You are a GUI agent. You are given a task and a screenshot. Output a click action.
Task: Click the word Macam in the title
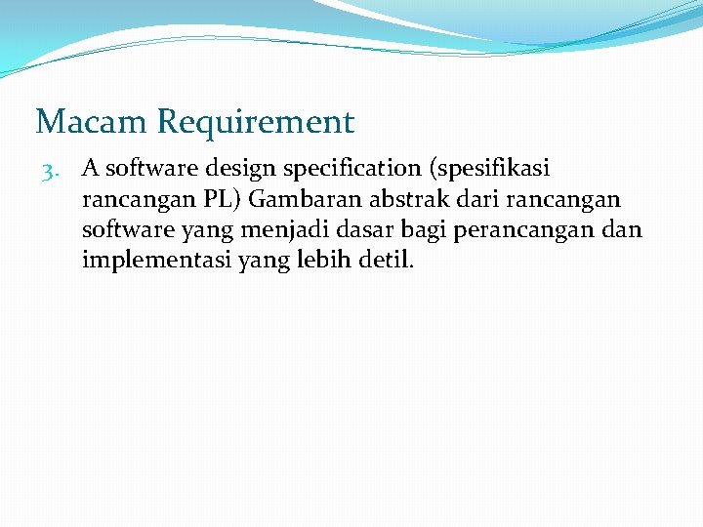click(x=91, y=123)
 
